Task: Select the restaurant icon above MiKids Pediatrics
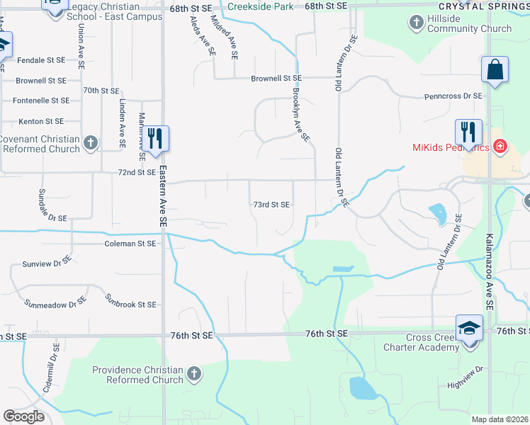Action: pos(468,131)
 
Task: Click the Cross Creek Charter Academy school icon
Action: pos(469,327)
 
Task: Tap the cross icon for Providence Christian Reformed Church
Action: pos(193,373)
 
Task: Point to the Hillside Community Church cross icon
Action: pos(417,23)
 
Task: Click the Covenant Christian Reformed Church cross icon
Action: pos(90,143)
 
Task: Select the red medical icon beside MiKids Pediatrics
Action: pos(500,147)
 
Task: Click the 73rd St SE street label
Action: pos(271,205)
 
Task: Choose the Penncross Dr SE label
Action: pos(453,96)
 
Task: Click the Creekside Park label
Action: pos(259,6)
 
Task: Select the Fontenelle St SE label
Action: pos(35,101)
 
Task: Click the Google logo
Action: pos(23,416)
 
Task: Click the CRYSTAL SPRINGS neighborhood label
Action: pos(489,6)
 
